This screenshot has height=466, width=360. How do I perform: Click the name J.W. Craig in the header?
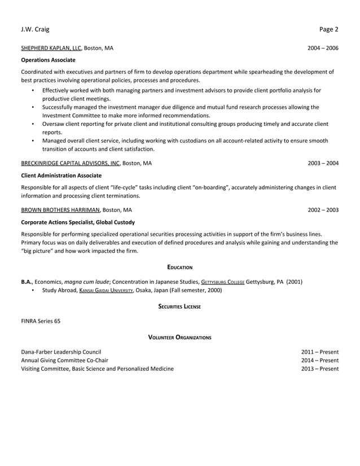[x=35, y=29]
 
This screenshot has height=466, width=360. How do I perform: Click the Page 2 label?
[x=328, y=29]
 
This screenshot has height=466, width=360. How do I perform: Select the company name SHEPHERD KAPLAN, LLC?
[x=51, y=48]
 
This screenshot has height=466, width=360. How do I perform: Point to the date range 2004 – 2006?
[x=323, y=48]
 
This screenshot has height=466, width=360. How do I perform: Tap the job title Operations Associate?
[x=48, y=60]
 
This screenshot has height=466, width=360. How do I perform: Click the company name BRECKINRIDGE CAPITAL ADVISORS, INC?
[x=71, y=163]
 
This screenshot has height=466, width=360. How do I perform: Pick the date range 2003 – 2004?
[x=323, y=163]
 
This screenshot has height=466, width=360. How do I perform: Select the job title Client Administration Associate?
[x=61, y=175]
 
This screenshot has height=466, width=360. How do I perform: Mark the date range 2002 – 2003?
[x=323, y=210]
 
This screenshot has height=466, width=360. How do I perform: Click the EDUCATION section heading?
[x=180, y=266]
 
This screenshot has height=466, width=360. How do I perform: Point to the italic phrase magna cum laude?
[x=86, y=282]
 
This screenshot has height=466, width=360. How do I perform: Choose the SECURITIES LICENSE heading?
[x=180, y=306]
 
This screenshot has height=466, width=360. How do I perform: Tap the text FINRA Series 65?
[x=41, y=321]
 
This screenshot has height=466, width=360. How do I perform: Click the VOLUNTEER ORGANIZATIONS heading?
[x=180, y=337]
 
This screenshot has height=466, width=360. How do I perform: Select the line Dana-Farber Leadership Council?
[x=61, y=351]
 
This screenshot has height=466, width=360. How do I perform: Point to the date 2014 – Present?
[x=320, y=360]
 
